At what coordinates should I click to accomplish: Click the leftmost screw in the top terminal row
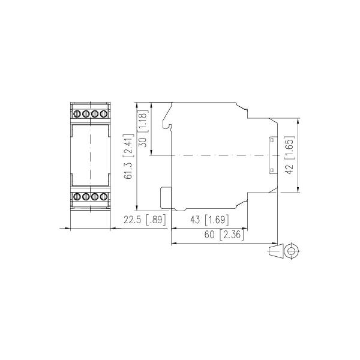[77, 113]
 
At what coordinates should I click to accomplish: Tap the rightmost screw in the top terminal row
[103, 113]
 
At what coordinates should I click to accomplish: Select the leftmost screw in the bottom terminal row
[77, 196]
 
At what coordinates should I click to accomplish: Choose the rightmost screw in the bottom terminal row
[103, 196]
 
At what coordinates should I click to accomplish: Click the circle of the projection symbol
[292, 251]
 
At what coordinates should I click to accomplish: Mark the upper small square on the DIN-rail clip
[271, 140]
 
